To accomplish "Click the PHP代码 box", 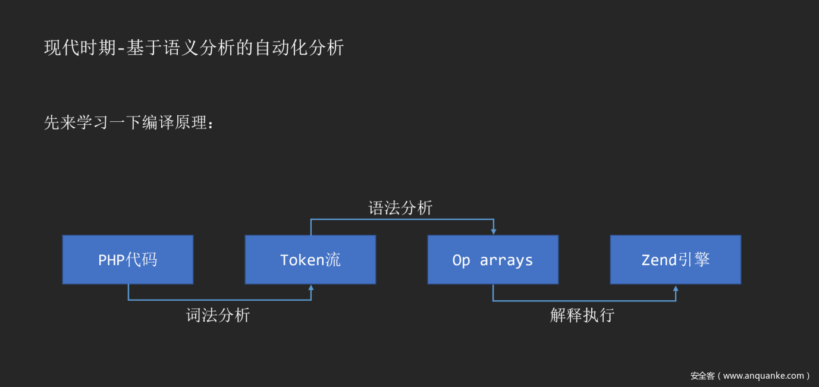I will click(128, 260).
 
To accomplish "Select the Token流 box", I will click(310, 260).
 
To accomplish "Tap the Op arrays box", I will click(493, 260).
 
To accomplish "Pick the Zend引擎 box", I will click(676, 260).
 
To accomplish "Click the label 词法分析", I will click(218, 315).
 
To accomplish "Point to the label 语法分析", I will click(400, 208).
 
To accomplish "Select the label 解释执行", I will click(582, 315).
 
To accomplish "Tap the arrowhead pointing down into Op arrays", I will click(493, 231).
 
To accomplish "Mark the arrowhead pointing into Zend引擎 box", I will click(676, 289).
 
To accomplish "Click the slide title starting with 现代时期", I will click(194, 48).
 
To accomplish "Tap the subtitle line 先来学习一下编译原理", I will click(128, 123).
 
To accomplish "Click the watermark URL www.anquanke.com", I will click(764, 376).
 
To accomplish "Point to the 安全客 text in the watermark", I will click(702, 376).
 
